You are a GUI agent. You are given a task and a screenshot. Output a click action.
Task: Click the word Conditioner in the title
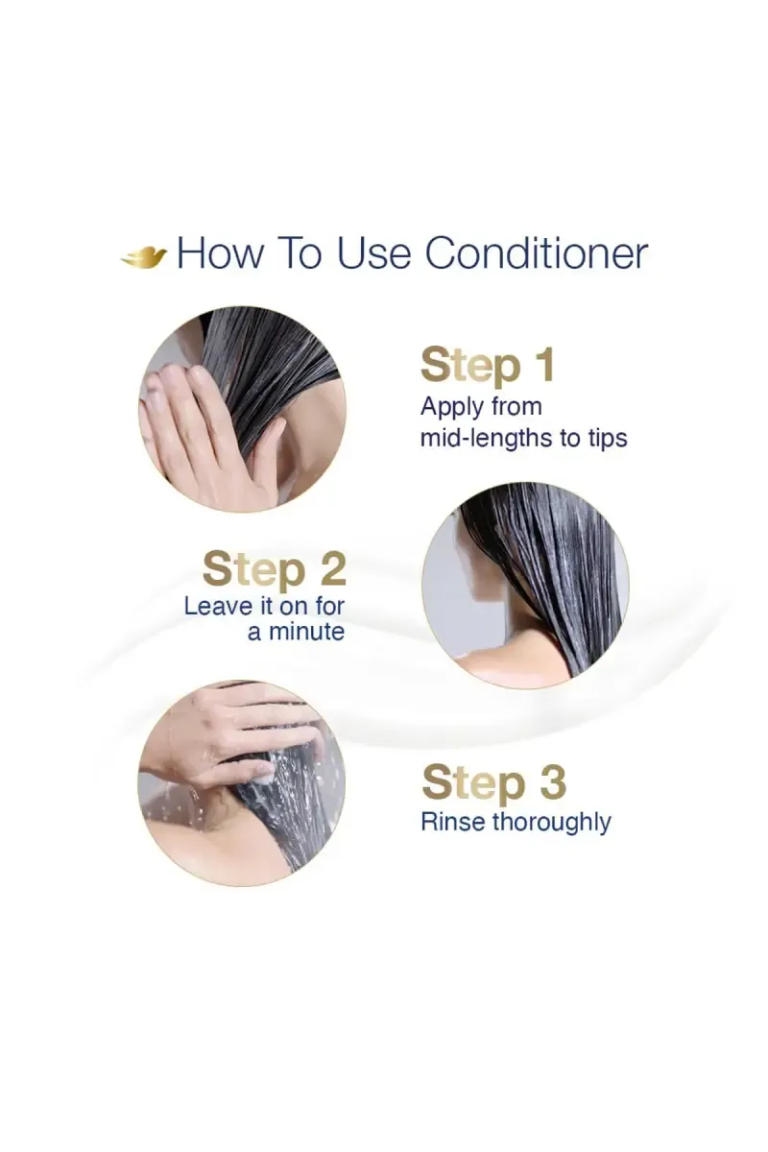coord(537,253)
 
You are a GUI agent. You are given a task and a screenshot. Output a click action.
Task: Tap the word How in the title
coord(222,253)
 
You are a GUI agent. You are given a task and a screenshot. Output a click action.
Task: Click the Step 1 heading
coord(487,366)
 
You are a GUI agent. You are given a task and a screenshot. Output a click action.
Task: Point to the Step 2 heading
coord(274,569)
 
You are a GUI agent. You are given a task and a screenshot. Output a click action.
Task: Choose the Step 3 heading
coord(493,782)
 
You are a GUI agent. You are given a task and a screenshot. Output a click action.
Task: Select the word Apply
coord(452,407)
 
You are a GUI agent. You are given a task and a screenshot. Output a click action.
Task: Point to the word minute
coord(306,632)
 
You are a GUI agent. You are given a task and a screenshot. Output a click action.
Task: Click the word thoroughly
coord(551,823)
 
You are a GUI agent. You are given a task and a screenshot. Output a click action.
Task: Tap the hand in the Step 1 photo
coord(205,428)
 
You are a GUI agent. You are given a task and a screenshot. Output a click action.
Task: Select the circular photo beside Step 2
coord(525,585)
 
